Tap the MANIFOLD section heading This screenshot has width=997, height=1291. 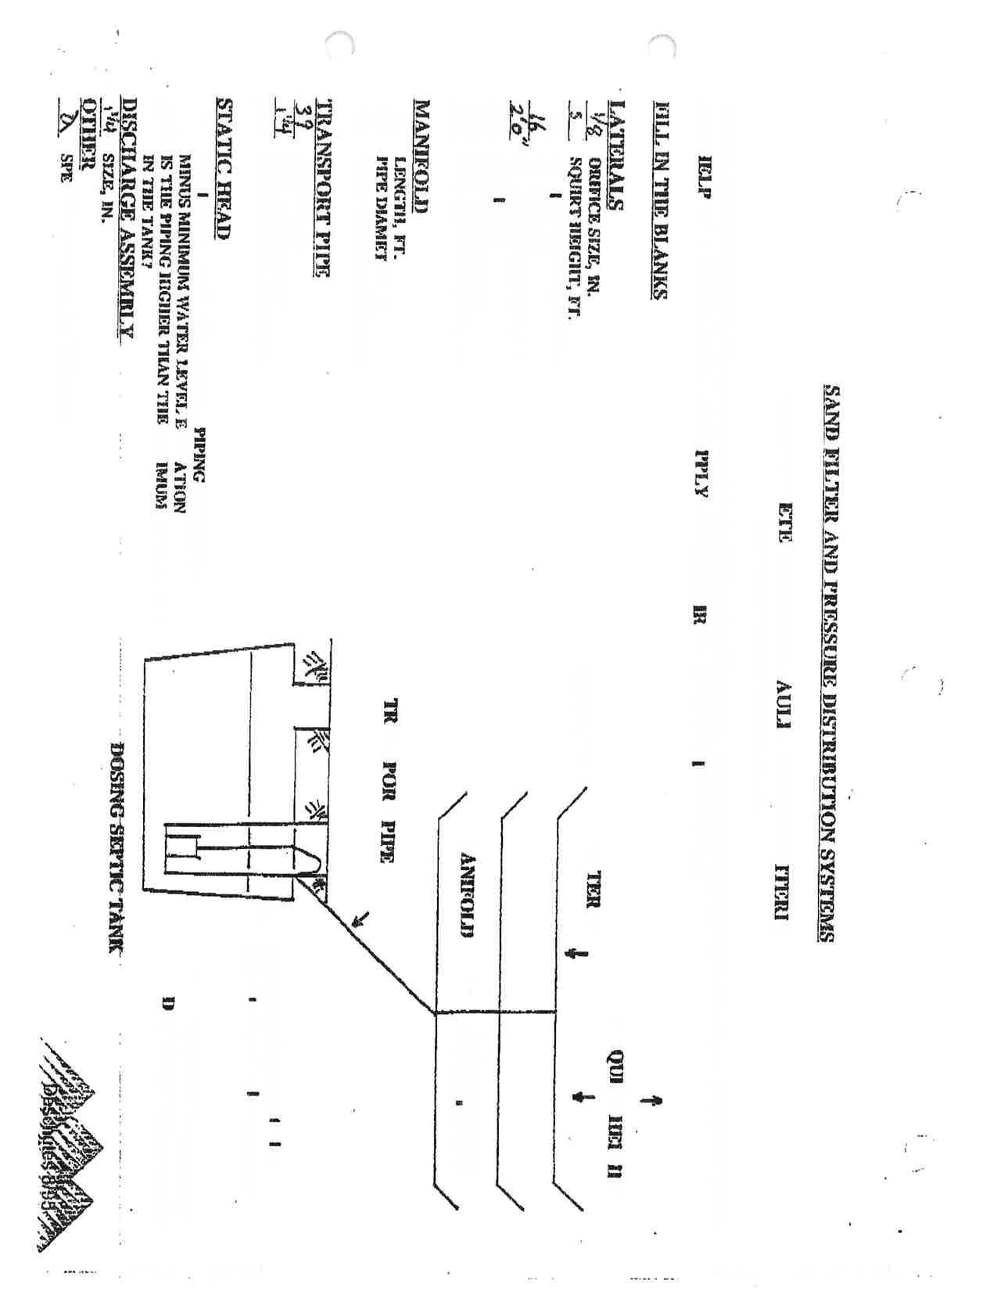point(423,157)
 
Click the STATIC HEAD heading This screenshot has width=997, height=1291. point(225,168)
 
